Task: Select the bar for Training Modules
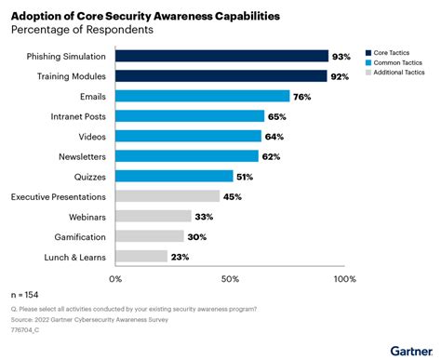(x=220, y=76)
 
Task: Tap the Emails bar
(x=202, y=96)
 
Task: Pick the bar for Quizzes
(x=174, y=176)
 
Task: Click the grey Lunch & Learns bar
(x=141, y=256)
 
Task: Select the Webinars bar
(x=154, y=216)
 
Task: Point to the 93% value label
(x=342, y=57)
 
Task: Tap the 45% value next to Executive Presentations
(x=234, y=196)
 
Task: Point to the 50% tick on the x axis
(x=230, y=278)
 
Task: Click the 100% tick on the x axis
(x=344, y=278)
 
